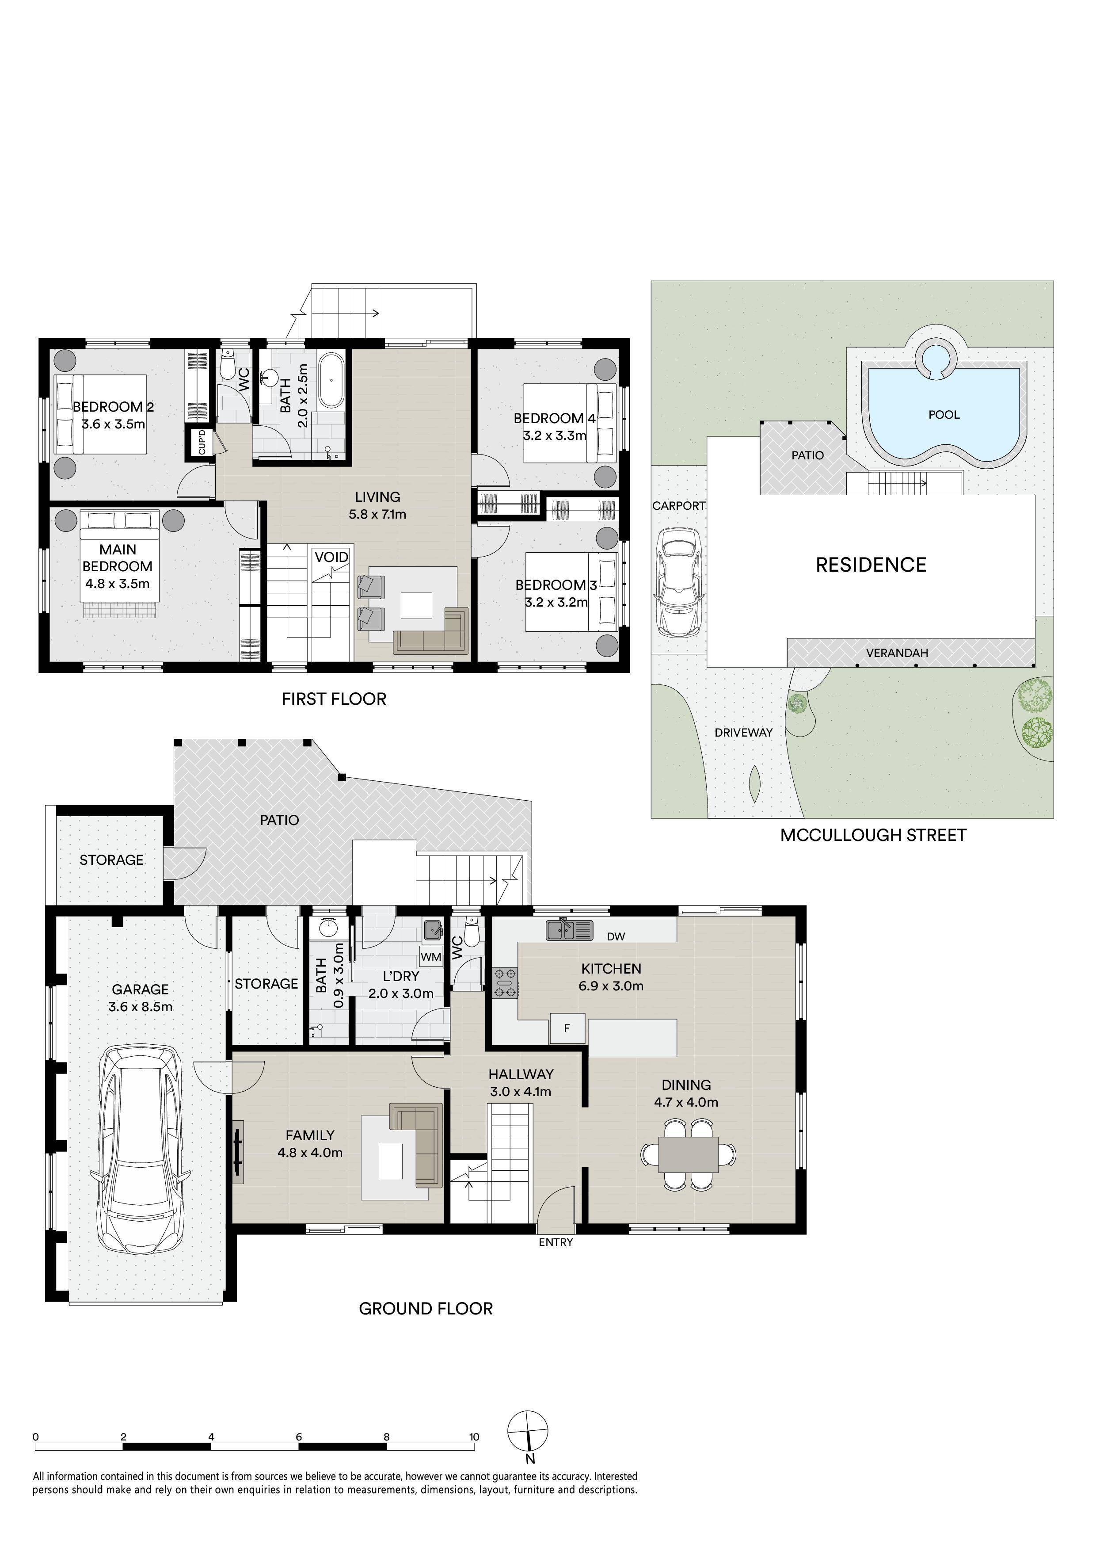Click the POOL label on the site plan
(944, 415)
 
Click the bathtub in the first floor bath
(331, 379)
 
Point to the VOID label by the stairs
(331, 557)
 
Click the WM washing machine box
(431, 956)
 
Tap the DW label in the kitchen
(616, 936)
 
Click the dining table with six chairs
(688, 1154)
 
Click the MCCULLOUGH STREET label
(873, 836)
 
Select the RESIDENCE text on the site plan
(871, 565)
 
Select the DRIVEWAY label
(743, 732)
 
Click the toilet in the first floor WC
(228, 365)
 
